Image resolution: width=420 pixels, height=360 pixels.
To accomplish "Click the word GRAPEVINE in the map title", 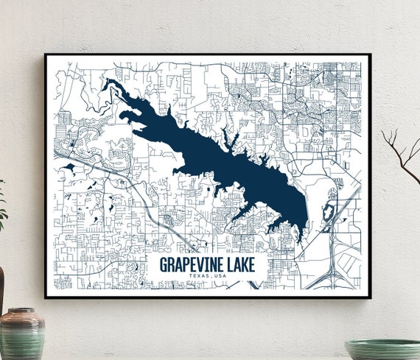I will pyautogui.click(x=192, y=265).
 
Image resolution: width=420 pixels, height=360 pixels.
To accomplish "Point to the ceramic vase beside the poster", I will pyautogui.click(x=21, y=335).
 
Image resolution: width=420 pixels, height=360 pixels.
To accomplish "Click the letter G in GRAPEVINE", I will pyautogui.click(x=164, y=265).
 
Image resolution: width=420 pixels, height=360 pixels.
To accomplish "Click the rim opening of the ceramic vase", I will pyautogui.click(x=21, y=312).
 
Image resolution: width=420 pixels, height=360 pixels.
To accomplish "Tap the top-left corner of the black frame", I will pyautogui.click(x=46, y=55).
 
